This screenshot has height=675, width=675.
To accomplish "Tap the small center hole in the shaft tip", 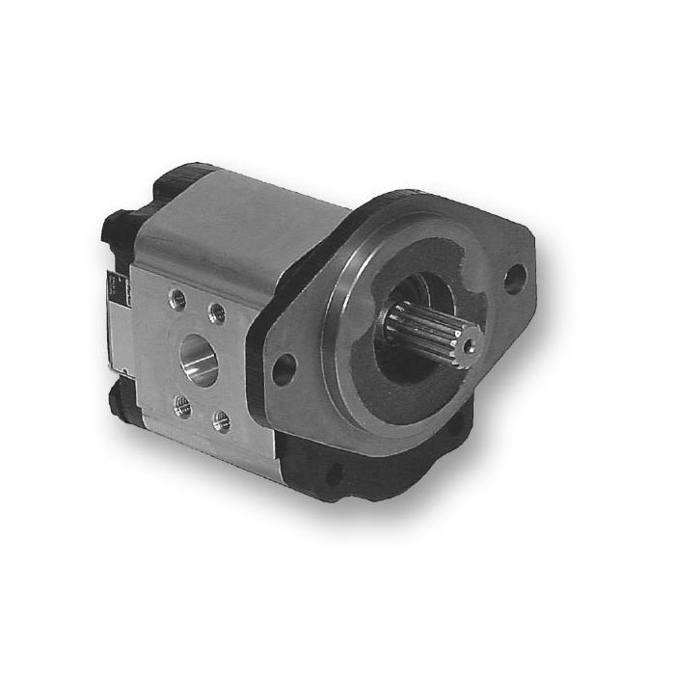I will point(469,345).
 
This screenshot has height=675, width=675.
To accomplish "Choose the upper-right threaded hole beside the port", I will point(217,312).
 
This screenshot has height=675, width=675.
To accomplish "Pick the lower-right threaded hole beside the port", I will point(221,421).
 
